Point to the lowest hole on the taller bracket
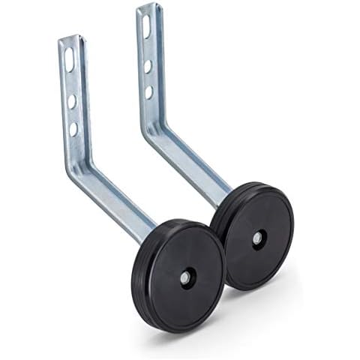148,91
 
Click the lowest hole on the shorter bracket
73,128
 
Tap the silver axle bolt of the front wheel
184,277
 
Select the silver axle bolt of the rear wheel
257,238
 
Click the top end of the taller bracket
148,7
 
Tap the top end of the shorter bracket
70,37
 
